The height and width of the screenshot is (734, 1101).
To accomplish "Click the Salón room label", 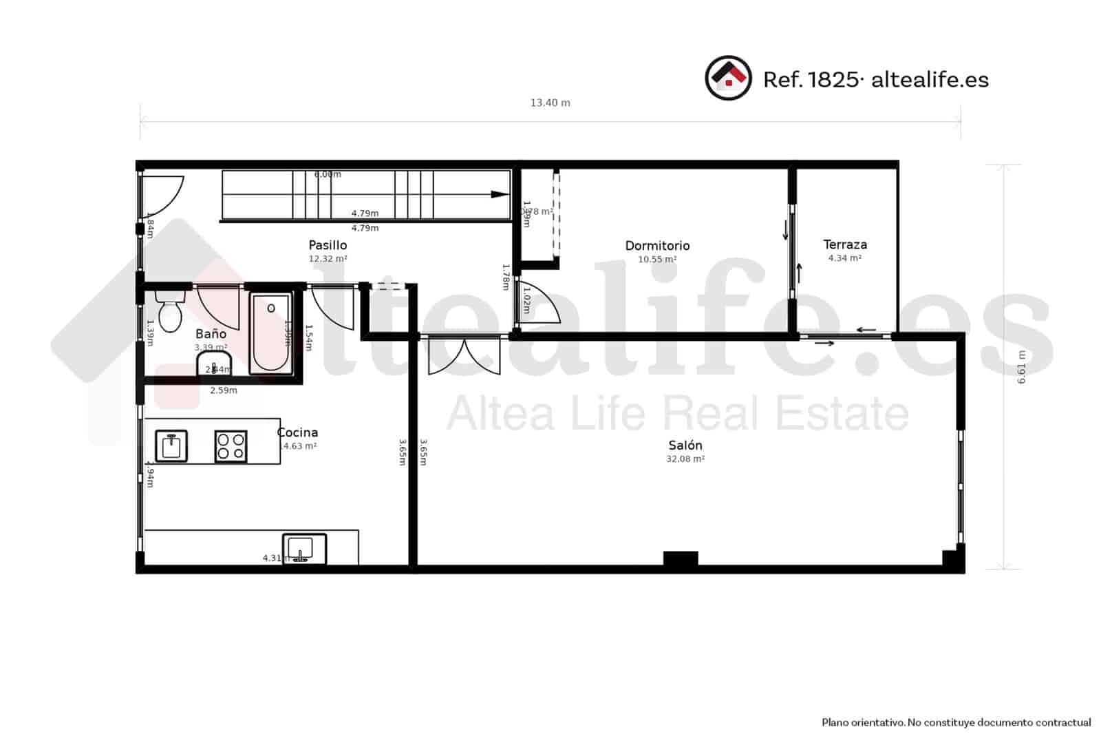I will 685,445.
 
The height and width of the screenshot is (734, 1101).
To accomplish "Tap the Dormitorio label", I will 657,246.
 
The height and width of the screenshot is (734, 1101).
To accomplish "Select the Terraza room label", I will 845,244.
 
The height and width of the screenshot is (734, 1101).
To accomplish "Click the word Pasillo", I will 328,245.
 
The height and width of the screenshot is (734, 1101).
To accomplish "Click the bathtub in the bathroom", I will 270,333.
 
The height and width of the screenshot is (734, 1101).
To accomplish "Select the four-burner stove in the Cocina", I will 231,445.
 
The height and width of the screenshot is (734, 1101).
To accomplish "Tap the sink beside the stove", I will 171,445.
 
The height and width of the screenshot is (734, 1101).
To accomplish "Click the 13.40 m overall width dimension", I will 550,103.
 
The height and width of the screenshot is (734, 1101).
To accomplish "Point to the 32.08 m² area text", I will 685,459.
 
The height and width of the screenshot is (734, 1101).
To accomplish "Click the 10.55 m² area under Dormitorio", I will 657,260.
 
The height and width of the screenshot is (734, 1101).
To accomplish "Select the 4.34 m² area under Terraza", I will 845,258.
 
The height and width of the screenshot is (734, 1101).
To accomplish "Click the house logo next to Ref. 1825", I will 728,78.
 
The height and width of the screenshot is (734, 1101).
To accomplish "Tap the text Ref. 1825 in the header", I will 811,80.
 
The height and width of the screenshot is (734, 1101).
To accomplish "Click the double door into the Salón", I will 464,357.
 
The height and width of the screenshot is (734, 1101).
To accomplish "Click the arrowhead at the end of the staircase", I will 500,194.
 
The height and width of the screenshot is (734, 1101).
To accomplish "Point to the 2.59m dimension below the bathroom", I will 223,390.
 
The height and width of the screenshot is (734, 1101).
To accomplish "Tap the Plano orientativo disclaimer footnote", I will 956,722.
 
